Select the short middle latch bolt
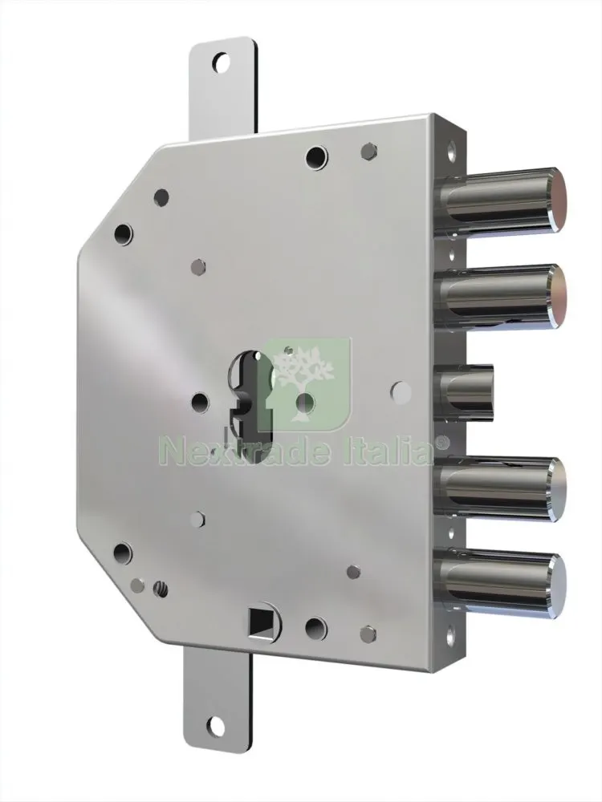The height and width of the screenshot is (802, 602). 465,391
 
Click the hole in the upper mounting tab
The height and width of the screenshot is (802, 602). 222,63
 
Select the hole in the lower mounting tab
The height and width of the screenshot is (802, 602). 217,727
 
